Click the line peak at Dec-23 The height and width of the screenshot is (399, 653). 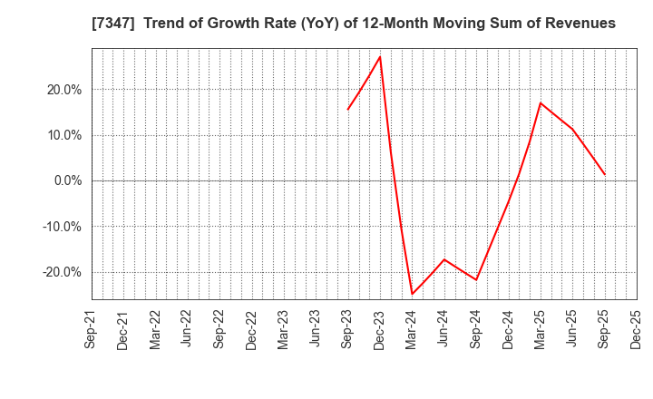[380, 57]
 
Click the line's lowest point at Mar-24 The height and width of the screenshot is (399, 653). [412, 294]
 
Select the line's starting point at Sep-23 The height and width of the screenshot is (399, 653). [347, 110]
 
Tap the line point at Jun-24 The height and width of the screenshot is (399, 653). [444, 259]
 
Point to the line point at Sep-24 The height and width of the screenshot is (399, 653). [476, 279]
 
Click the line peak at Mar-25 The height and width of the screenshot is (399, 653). [541, 102]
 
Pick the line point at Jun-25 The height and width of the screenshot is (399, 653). [572, 129]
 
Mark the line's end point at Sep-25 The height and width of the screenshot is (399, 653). [605, 175]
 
